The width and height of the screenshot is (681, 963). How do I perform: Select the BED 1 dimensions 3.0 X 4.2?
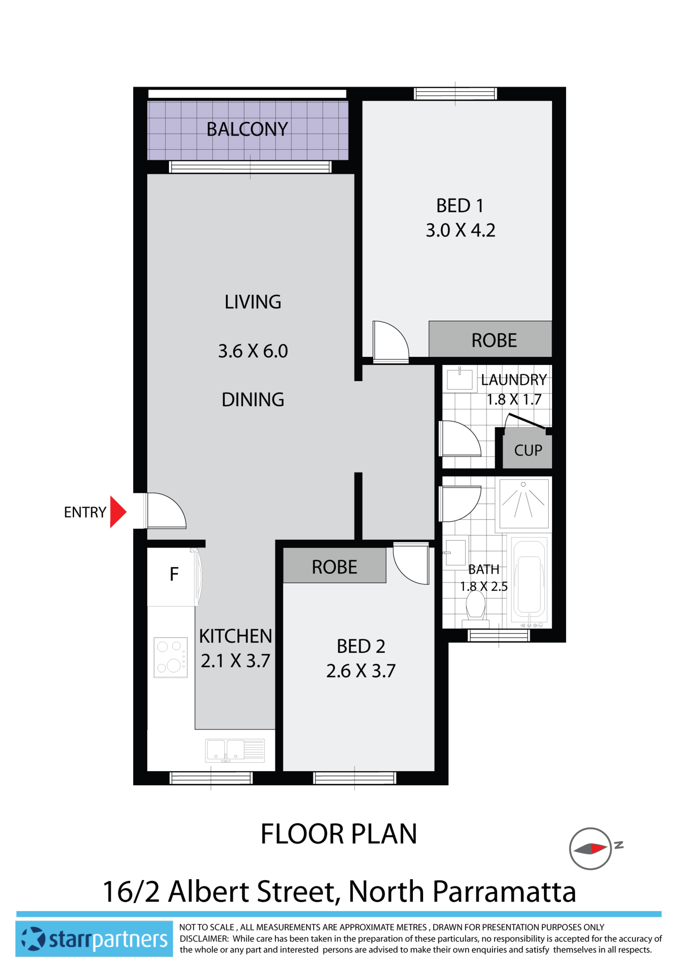(x=460, y=230)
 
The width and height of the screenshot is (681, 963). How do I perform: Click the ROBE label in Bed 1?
(x=494, y=340)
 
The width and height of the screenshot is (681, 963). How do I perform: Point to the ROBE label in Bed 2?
(x=334, y=567)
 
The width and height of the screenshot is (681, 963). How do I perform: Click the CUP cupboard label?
(x=528, y=450)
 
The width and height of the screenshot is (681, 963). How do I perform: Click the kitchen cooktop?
(x=170, y=657)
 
